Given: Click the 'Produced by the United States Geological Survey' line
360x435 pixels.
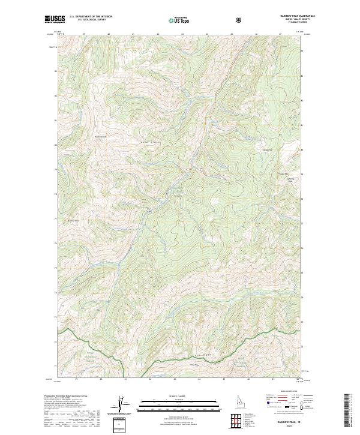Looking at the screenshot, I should (x=66, y=396).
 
